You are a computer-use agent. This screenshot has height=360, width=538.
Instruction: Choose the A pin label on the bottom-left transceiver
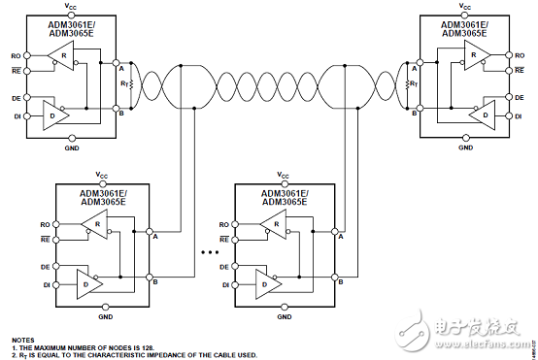coord(153,235)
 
